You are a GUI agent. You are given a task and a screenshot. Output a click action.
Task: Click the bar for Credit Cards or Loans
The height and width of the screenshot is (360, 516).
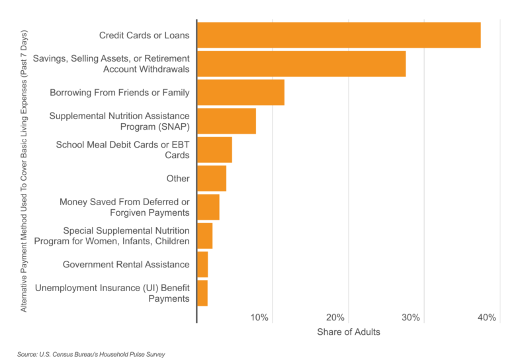[x=339, y=35]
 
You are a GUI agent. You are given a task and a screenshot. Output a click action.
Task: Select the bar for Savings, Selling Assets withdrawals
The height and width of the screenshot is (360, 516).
[x=301, y=64]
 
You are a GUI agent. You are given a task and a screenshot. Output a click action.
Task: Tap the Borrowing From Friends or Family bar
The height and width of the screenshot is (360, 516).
[x=241, y=93]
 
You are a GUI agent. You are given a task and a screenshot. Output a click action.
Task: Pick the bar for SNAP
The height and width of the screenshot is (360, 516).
[x=226, y=121]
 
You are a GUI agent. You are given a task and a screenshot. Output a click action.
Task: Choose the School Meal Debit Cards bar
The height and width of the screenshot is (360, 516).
[x=214, y=150]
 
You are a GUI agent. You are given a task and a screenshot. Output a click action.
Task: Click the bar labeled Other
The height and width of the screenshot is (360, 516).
[x=212, y=179]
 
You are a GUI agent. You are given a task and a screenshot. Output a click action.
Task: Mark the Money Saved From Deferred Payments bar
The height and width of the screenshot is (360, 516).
[x=208, y=207]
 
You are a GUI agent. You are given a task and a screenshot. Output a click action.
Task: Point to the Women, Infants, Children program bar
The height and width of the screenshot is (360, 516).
[x=205, y=236]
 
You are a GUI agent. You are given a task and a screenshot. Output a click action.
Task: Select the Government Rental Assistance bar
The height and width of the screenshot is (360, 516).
[x=202, y=265]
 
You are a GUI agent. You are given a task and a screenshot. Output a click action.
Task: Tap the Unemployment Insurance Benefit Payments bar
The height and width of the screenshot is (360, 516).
[x=202, y=293]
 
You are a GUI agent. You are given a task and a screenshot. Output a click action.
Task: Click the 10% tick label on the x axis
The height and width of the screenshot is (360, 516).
[x=259, y=318]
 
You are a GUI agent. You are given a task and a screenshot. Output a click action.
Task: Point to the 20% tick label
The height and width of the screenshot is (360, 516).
[x=335, y=318]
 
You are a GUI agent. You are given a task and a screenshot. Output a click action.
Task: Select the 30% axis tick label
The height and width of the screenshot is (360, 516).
[x=411, y=318]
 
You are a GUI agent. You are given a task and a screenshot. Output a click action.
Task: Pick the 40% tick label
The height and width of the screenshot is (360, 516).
[x=486, y=318]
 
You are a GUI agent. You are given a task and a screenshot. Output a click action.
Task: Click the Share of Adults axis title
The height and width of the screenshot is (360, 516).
[x=349, y=332]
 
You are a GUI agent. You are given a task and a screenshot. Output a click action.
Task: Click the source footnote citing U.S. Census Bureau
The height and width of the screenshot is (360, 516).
[x=91, y=354]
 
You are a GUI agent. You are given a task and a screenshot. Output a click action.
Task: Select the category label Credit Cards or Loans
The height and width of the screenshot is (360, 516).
[x=144, y=35]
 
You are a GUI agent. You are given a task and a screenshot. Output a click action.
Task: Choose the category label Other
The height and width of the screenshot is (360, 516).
[x=178, y=179]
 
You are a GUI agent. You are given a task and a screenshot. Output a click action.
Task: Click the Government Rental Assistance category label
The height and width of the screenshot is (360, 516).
[x=126, y=265]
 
